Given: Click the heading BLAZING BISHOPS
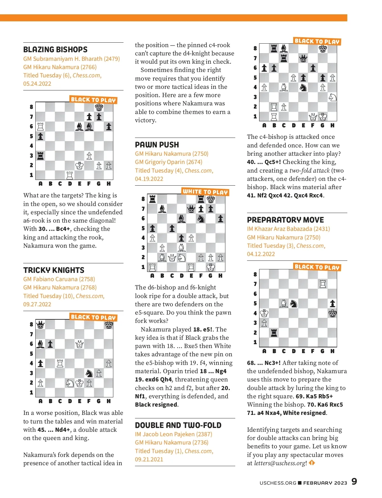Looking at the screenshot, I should click(x=55, y=50).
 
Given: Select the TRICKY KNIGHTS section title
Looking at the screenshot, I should click(x=54, y=270).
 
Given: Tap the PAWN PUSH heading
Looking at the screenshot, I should click(x=157, y=145).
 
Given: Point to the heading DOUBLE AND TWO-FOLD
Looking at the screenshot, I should click(x=178, y=425).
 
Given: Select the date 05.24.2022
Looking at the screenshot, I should click(x=37, y=84).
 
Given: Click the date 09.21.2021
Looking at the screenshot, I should click(x=149, y=459).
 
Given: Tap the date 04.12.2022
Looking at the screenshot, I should click(x=261, y=254).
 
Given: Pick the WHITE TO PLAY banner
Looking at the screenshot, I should click(x=205, y=192).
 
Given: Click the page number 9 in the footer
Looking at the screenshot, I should click(x=354, y=481).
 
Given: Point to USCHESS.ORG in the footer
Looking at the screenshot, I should click(x=278, y=483).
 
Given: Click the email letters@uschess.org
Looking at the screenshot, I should click(x=280, y=463).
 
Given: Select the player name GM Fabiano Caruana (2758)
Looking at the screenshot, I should click(x=59, y=279).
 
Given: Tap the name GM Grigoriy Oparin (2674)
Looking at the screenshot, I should click(x=168, y=162).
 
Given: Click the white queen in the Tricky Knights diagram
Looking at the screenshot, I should click(x=80, y=344).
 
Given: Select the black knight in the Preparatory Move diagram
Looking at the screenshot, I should click(x=294, y=304).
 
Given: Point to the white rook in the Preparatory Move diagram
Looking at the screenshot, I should click(x=323, y=284).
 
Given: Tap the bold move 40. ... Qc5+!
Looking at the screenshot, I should click(x=264, y=162).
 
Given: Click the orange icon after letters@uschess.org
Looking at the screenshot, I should click(x=312, y=463).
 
